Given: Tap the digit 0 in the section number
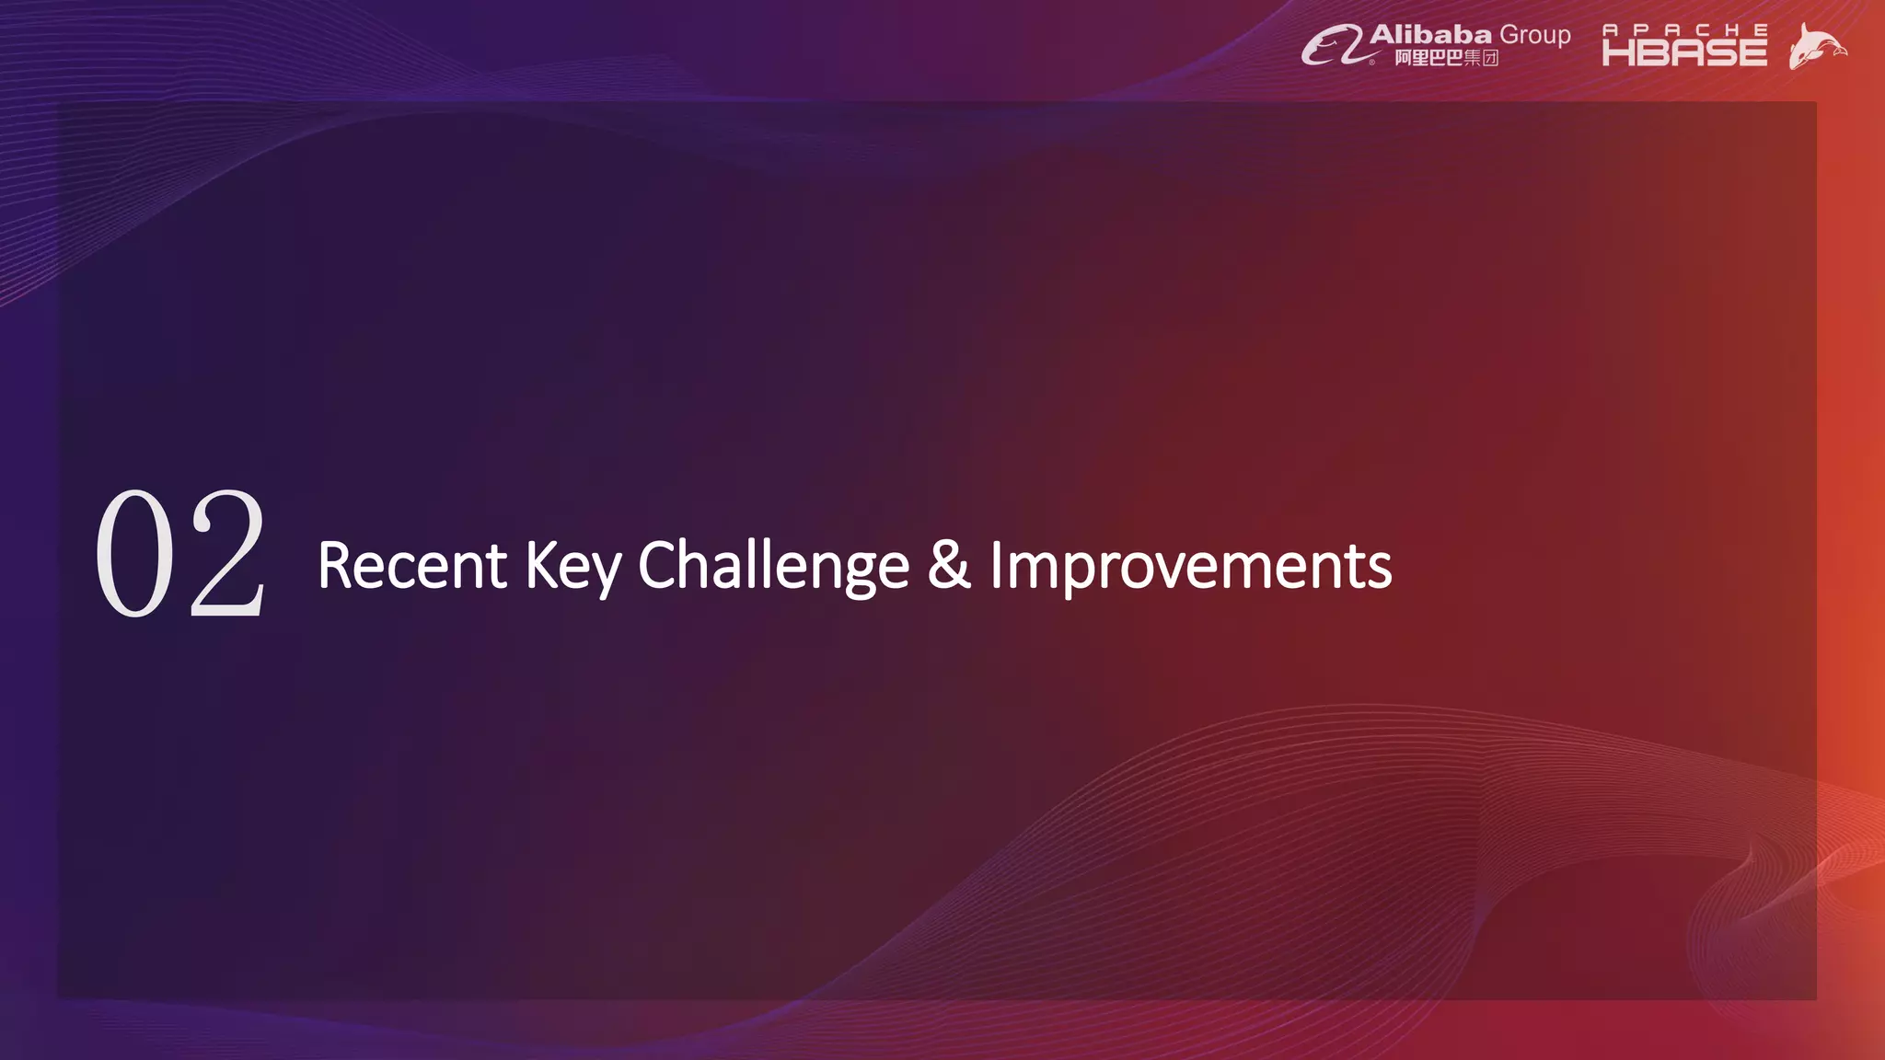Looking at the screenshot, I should (135, 554).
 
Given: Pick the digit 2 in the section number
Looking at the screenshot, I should (227, 554).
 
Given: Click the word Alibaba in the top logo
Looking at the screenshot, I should (1430, 35).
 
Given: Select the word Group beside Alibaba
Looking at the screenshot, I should (1534, 35).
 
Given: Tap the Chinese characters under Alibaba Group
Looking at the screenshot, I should (1446, 58).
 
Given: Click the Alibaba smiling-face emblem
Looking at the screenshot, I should (1330, 45).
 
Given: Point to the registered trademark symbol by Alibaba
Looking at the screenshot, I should (1372, 63).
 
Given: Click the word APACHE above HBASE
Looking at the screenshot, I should (1684, 29).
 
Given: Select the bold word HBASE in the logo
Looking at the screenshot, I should (1684, 52).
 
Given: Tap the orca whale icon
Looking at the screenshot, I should (1816, 46).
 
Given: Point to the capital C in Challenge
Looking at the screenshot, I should (657, 564).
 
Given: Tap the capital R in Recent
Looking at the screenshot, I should (334, 564).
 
